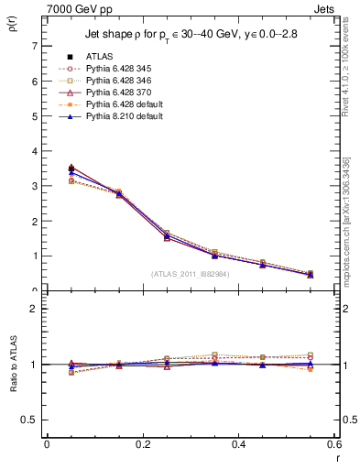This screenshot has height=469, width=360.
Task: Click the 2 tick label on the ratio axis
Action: click(x=34, y=309)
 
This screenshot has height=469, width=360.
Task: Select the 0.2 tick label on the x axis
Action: click(x=142, y=444)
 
